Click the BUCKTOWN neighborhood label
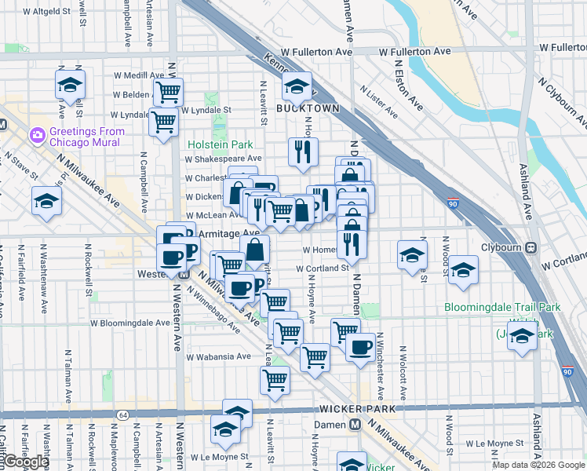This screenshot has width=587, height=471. tap(308, 108)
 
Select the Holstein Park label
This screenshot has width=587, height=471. tap(220, 144)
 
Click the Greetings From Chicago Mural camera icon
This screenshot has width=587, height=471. tap(37, 136)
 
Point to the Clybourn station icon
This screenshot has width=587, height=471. tap(532, 247)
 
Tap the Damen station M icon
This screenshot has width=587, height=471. tap(355, 424)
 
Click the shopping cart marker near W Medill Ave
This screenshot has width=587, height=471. tap(168, 91)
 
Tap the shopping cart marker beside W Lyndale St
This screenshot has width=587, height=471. tap(163, 122)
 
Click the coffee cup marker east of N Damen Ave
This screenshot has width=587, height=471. tap(360, 345)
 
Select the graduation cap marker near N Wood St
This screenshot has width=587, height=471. tap(463, 271)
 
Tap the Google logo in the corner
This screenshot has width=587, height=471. tap(25, 462)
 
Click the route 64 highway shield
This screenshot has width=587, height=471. tap(122, 414)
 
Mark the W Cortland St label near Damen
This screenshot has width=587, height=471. tap(322, 268)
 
